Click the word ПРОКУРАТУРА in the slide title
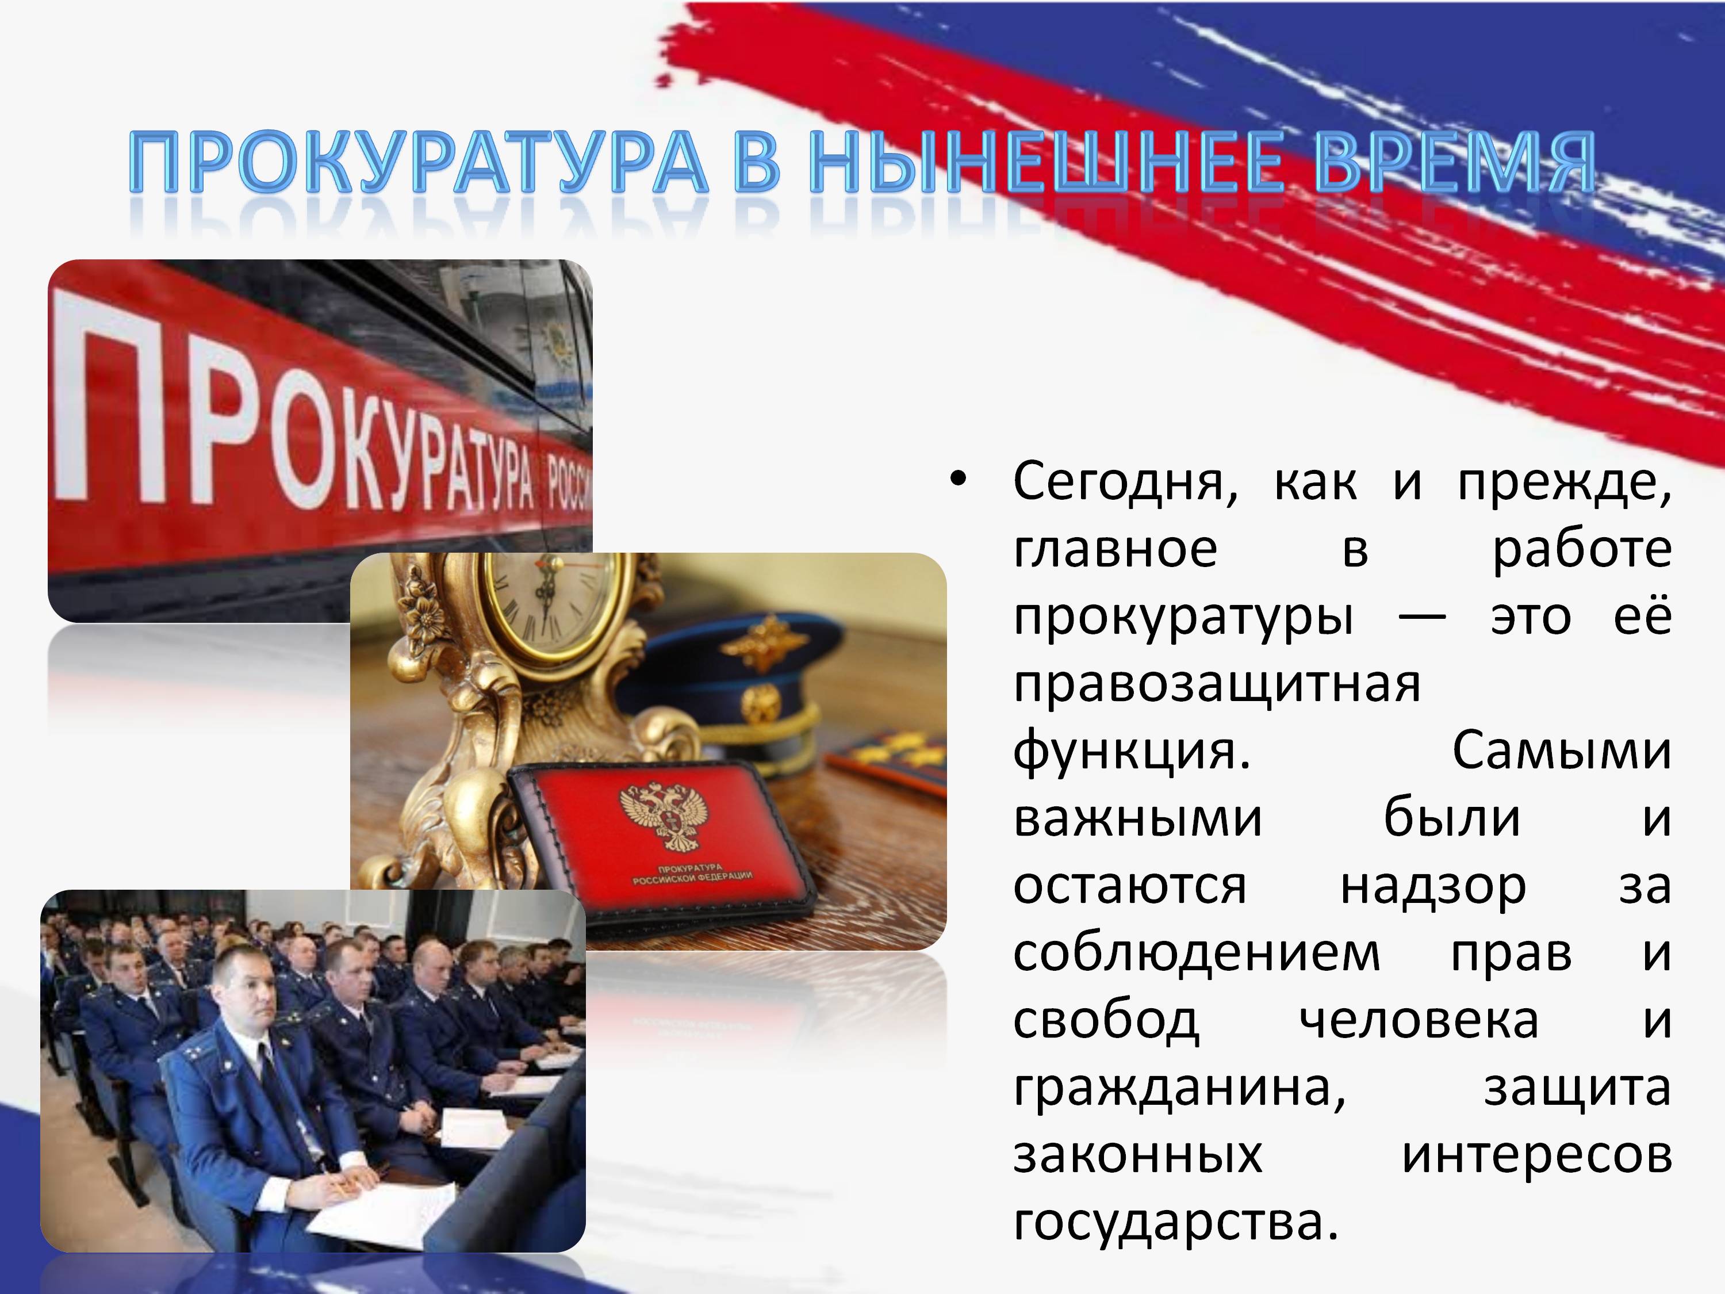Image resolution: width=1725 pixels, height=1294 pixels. tap(418, 162)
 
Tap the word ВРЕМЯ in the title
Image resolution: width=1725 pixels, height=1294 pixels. tap(1454, 162)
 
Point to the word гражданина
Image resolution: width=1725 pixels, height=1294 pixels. tap(1179, 1089)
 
